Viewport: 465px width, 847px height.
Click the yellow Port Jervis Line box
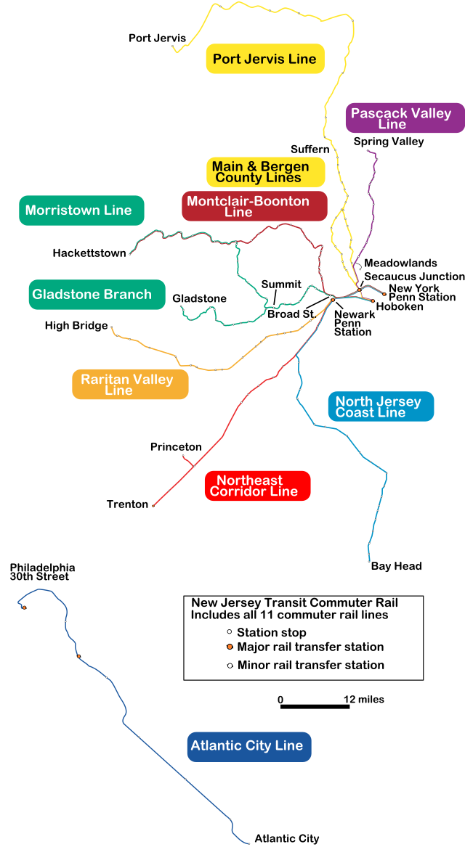pyautogui.click(x=265, y=59)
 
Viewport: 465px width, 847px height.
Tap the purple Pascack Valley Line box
pyautogui.click(x=405, y=118)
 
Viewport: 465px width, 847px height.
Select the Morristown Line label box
pyautogui.click(x=81, y=210)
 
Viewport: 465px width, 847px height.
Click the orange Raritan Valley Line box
pyautogui.click(x=130, y=385)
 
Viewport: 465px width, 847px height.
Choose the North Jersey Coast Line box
pyautogui.click(x=380, y=406)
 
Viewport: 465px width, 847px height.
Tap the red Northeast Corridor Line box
pyautogui.click(x=258, y=486)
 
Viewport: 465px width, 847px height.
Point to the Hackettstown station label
pyautogui.click(x=89, y=253)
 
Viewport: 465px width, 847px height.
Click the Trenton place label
pyautogui.click(x=127, y=504)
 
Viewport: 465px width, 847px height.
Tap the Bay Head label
pyautogui.click(x=396, y=566)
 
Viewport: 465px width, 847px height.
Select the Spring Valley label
pyautogui.click(x=389, y=142)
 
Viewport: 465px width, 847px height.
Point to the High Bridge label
pyautogui.click(x=76, y=326)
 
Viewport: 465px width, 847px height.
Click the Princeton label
pyautogui.click(x=176, y=446)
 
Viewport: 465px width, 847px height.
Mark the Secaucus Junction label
pyautogui.click(x=414, y=277)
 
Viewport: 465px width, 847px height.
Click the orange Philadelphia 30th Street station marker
pyautogui.click(x=24, y=607)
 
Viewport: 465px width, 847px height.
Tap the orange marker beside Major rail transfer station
pyautogui.click(x=229, y=647)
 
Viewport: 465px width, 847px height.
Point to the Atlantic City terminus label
pyautogui.click(x=286, y=839)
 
